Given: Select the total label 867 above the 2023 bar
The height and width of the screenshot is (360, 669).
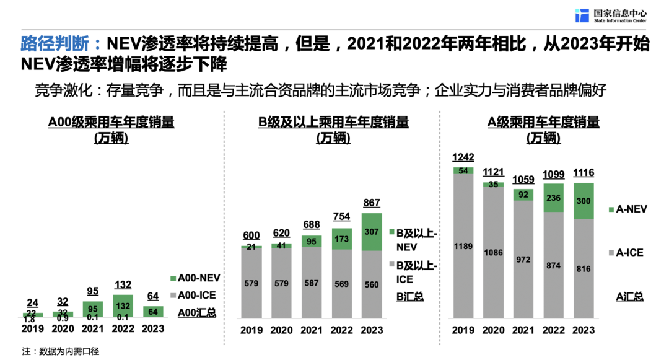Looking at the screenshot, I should tap(372, 203).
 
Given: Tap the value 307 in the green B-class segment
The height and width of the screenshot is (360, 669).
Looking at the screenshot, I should tap(372, 232).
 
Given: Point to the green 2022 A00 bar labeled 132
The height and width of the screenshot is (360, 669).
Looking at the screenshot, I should tap(122, 306).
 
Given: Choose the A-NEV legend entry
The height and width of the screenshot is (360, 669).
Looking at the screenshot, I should tap(627, 209).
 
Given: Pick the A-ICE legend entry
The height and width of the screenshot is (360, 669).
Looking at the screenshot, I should tap(627, 253).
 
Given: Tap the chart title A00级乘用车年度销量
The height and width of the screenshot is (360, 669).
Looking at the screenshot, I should tap(111, 122).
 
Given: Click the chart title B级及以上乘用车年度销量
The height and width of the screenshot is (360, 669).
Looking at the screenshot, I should tap(333, 122).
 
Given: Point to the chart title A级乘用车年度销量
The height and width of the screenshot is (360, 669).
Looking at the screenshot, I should tap(543, 122).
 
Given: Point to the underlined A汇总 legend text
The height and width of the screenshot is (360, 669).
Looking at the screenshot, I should tap(629, 296).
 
